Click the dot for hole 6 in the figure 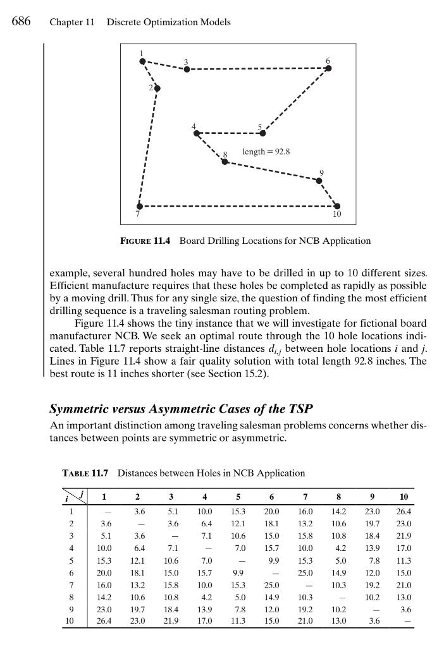[328, 68]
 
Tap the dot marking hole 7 [140, 207]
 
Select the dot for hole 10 [336, 206]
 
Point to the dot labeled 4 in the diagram [197, 133]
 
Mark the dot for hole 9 [319, 181]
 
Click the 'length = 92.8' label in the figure [266, 152]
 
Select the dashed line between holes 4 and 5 [230, 133]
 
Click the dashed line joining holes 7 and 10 [238, 207]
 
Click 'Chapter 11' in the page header [71, 22]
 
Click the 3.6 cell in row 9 [403, 608]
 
